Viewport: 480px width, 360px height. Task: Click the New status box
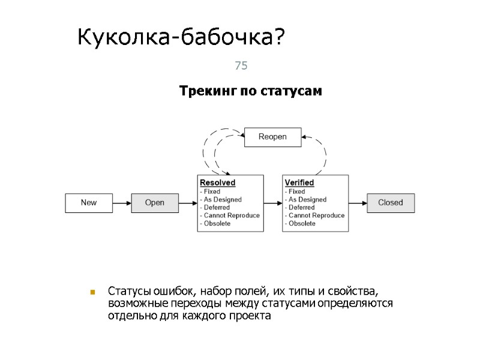pos(89,203)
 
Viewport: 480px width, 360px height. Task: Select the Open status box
pos(155,203)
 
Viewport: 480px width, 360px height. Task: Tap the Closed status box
pos(391,203)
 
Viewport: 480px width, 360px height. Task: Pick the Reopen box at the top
pos(272,137)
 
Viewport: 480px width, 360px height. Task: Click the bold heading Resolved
pos(217,182)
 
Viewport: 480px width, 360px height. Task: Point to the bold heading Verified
pos(299,182)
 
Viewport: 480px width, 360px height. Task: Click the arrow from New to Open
pos(122,203)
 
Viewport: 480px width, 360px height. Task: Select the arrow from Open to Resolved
pos(188,203)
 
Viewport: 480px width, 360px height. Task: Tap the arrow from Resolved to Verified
pos(273,203)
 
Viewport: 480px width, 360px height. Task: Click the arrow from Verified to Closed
pos(358,203)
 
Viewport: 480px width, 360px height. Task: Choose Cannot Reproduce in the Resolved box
pos(230,215)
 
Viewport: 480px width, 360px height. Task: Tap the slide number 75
pos(241,66)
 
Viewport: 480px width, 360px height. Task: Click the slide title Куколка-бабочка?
pos(182,39)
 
